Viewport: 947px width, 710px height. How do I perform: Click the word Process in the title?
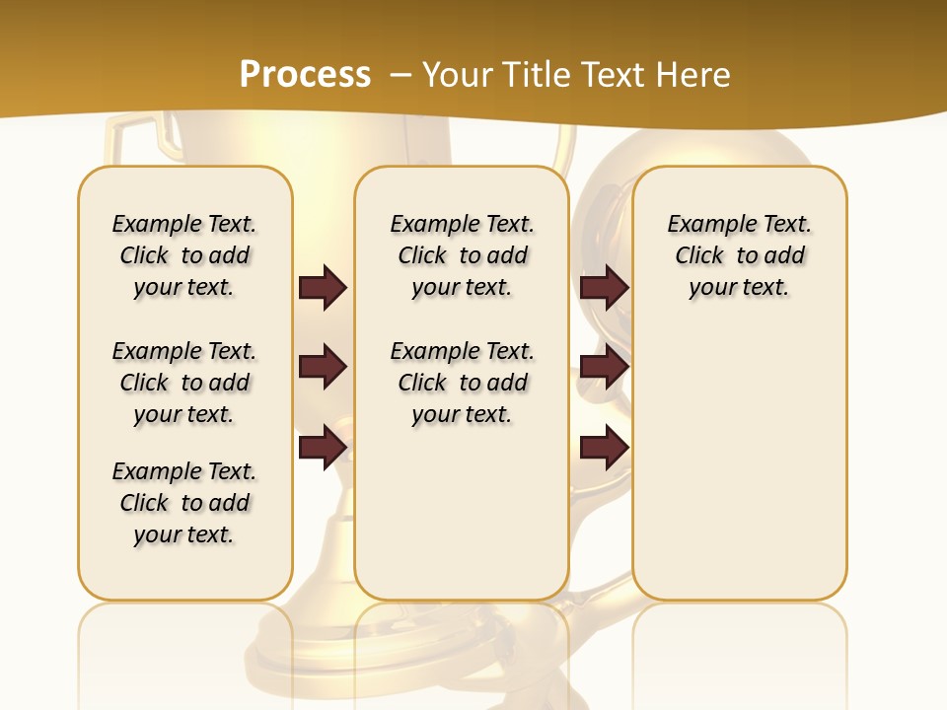tap(305, 75)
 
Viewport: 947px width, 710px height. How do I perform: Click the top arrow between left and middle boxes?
tap(323, 287)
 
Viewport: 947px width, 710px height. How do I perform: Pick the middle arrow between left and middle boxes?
tap(323, 367)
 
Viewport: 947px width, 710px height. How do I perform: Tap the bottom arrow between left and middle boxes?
tap(323, 447)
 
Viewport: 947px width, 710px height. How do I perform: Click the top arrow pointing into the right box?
tap(604, 287)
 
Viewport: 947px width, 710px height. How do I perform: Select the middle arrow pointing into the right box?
tap(604, 367)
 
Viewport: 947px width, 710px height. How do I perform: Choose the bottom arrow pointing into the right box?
tap(604, 447)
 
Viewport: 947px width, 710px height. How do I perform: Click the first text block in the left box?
tap(184, 255)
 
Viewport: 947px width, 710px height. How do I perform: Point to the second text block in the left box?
tap(184, 383)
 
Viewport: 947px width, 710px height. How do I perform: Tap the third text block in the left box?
tap(184, 503)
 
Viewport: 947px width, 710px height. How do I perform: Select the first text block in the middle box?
tap(463, 255)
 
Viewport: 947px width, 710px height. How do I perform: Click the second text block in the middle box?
tap(463, 383)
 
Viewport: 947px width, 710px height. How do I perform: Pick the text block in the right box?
tap(740, 255)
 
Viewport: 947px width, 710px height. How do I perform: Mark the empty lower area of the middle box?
tap(462, 513)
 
